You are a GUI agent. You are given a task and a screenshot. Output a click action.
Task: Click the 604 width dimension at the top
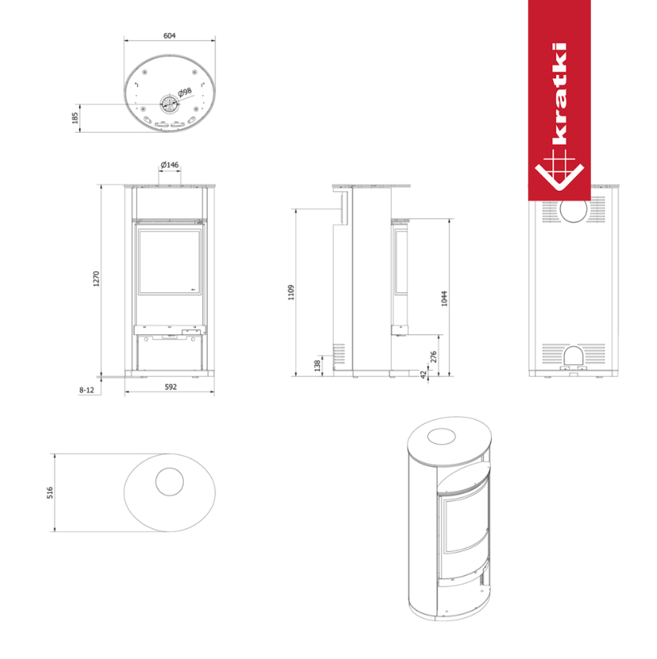[169, 36]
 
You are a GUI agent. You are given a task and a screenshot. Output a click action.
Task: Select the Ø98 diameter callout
[185, 93]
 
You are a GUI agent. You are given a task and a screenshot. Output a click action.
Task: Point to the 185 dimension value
[76, 118]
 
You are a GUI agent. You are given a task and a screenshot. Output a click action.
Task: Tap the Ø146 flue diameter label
[169, 164]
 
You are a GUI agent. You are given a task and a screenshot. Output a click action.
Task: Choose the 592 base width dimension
[170, 387]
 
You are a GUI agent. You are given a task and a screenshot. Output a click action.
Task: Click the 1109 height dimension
[292, 292]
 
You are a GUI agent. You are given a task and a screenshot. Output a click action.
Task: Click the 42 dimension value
[423, 373]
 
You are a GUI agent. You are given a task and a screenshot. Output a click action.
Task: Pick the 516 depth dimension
[50, 491]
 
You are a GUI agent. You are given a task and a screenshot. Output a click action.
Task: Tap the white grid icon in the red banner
[559, 172]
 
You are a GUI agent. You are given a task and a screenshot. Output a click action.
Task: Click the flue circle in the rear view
[573, 210]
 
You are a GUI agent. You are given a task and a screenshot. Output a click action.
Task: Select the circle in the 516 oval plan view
[169, 482]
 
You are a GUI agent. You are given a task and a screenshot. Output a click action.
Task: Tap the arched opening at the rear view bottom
[573, 357]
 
